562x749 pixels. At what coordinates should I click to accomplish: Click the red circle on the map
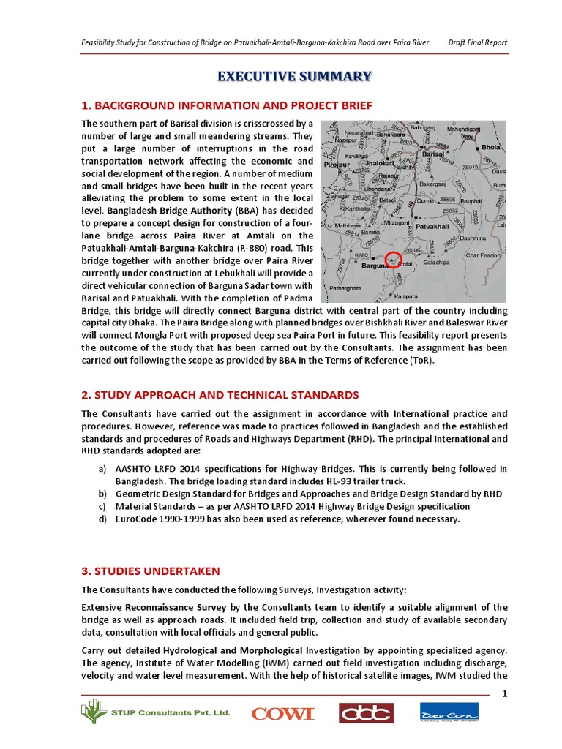(394, 259)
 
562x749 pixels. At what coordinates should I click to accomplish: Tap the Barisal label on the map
(434, 155)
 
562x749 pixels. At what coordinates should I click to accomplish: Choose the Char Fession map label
(483, 255)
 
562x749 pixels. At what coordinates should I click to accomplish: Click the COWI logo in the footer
(282, 713)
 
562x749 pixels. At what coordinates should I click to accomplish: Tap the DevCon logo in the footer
(449, 712)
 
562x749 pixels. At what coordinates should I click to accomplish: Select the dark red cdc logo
(365, 712)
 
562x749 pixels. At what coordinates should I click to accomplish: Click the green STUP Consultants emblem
(92, 712)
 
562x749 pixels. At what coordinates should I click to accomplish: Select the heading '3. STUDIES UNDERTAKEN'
(150, 571)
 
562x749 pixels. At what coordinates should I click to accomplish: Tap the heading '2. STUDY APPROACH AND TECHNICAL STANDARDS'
(220, 394)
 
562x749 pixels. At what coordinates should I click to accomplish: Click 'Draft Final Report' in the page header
(478, 42)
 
